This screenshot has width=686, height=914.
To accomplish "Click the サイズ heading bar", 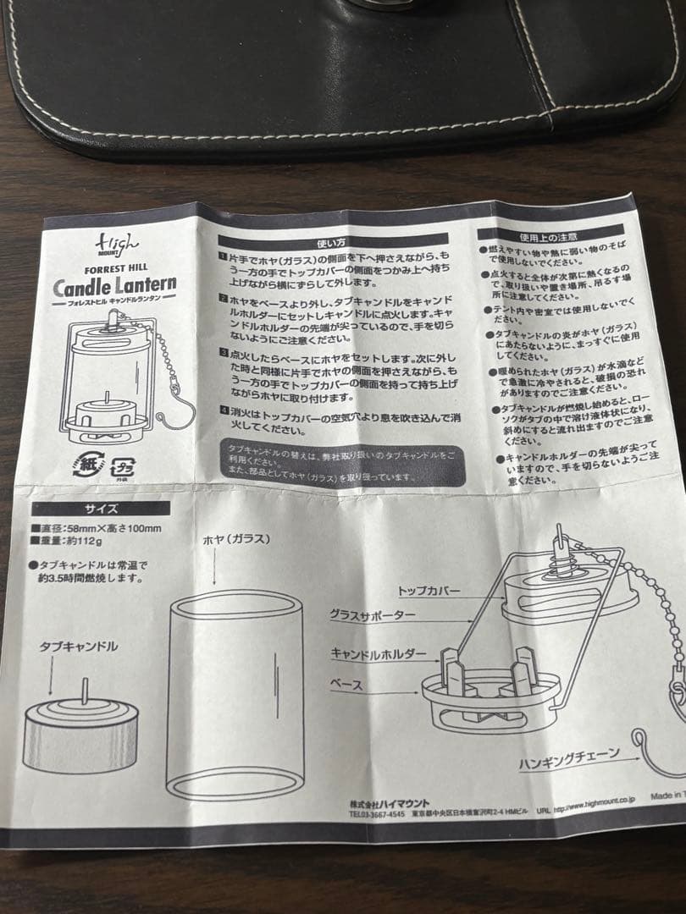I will pos(101,509).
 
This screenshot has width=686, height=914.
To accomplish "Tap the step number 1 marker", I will pos(222,256).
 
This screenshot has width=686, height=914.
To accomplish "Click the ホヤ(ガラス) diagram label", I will pos(236,540).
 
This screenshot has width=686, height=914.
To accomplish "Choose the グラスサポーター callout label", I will pos(373,615).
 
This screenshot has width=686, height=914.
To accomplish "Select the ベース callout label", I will pos(346,685).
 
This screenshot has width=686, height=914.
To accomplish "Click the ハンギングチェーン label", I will pos(569,753).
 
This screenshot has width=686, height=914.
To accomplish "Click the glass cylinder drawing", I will pos(235,694).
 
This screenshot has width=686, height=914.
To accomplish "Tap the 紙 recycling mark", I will pos(88,465).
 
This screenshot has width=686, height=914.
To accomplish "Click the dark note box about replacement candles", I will pos(343,464).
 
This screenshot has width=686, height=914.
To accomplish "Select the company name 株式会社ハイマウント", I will pos(390,803).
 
